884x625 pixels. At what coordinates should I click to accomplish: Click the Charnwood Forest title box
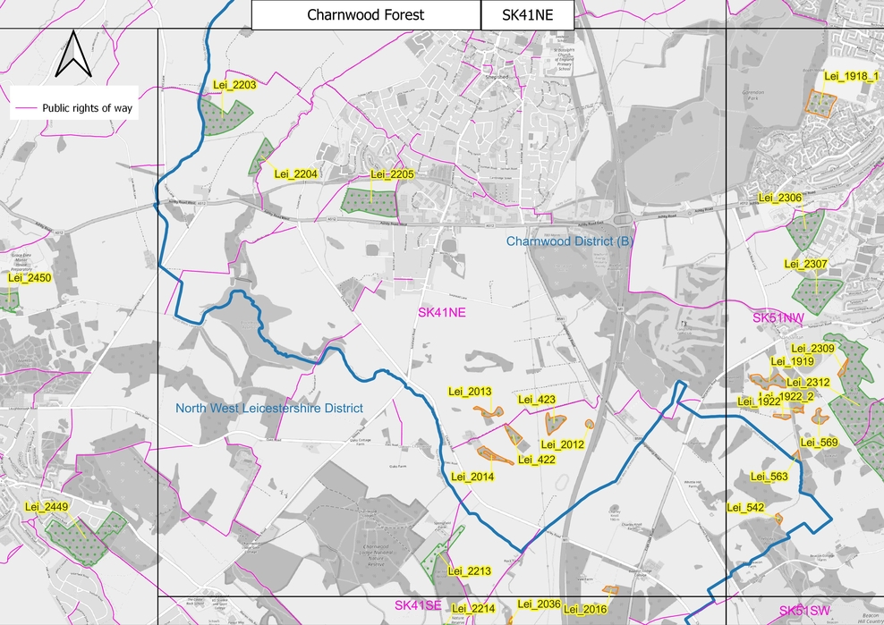tap(365, 15)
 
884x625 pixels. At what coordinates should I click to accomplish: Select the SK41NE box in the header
tap(527, 15)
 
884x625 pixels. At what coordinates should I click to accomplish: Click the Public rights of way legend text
tap(87, 108)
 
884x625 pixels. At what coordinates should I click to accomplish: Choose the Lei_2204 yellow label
tap(296, 173)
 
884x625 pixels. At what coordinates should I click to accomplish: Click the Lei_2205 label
tap(392, 174)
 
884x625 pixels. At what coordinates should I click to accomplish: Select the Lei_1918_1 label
tap(850, 77)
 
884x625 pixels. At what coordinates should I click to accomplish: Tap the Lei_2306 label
tap(779, 198)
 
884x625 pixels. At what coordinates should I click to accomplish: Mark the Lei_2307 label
tap(805, 264)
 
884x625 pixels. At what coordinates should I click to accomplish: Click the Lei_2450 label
tap(30, 278)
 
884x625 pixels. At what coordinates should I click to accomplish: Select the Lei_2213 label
tap(468, 571)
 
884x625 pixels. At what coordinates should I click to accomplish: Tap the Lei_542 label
tap(744, 508)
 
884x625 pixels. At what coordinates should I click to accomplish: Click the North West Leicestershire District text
tap(269, 409)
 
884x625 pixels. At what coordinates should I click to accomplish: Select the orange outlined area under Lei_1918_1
tap(819, 101)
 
